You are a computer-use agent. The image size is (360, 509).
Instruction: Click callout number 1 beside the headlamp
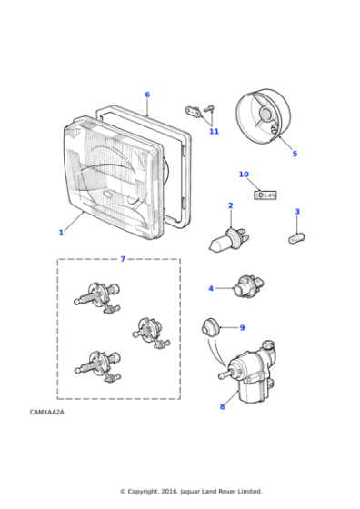61,233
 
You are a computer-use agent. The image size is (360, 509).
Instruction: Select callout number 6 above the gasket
147,95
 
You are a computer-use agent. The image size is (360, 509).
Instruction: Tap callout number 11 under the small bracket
214,132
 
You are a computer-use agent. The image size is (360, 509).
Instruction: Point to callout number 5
295,154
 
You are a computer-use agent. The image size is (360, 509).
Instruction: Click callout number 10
244,174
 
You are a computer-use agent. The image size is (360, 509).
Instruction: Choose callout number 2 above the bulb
230,205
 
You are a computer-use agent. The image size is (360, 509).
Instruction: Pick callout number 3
296,212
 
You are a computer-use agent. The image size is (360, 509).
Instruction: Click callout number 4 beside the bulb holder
211,288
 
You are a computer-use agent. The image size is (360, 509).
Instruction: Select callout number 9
242,327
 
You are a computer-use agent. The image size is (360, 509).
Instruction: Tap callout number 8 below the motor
222,406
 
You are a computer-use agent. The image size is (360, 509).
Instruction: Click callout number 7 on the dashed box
123,259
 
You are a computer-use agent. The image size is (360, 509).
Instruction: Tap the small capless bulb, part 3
295,237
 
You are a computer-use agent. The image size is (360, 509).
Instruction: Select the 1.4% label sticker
265,195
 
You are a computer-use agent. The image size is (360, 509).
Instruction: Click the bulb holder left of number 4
245,289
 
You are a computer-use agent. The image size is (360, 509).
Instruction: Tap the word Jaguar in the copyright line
195,491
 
